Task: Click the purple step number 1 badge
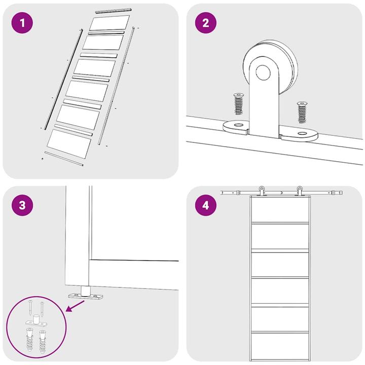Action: (x=21, y=23)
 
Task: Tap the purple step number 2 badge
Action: (x=205, y=23)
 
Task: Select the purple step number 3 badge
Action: (x=21, y=206)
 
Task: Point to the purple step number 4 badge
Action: (x=205, y=206)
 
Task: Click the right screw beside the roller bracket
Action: (x=303, y=112)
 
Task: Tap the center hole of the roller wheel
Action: (x=263, y=73)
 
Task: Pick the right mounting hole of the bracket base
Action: (x=303, y=134)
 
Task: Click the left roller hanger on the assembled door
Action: (x=262, y=191)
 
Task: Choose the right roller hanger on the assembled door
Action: (x=300, y=191)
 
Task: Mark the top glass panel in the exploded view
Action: (x=109, y=23)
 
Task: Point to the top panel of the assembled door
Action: (x=280, y=208)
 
